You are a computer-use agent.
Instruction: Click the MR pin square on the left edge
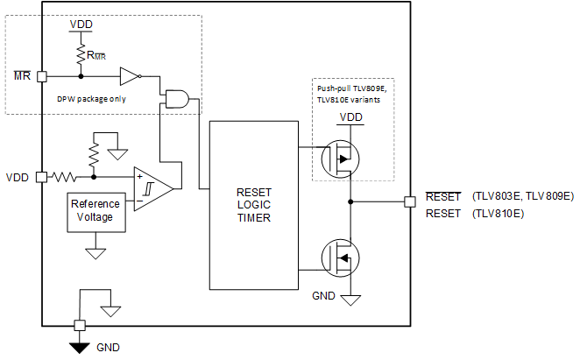[42, 76]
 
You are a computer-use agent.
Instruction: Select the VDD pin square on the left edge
[42, 177]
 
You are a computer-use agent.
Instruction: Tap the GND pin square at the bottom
[80, 325]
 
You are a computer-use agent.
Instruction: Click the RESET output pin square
[409, 201]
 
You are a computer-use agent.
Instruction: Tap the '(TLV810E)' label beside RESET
[498, 213]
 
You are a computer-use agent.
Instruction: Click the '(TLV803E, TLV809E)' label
[522, 196]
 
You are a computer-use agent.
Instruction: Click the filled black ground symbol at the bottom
[80, 347]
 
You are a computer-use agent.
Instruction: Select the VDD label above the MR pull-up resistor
[81, 24]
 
